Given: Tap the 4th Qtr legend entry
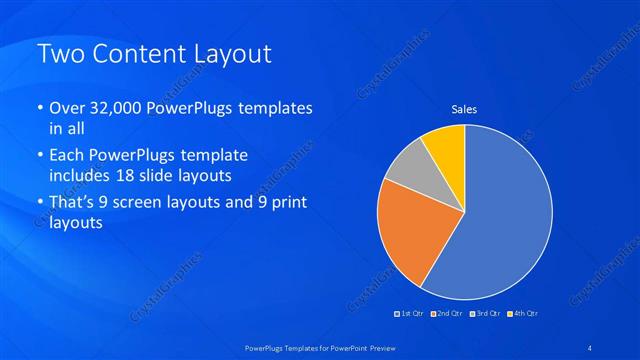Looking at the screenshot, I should [x=523, y=314].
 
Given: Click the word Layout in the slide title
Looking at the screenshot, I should [x=231, y=55].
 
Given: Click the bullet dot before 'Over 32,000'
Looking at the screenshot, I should [x=39, y=108].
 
